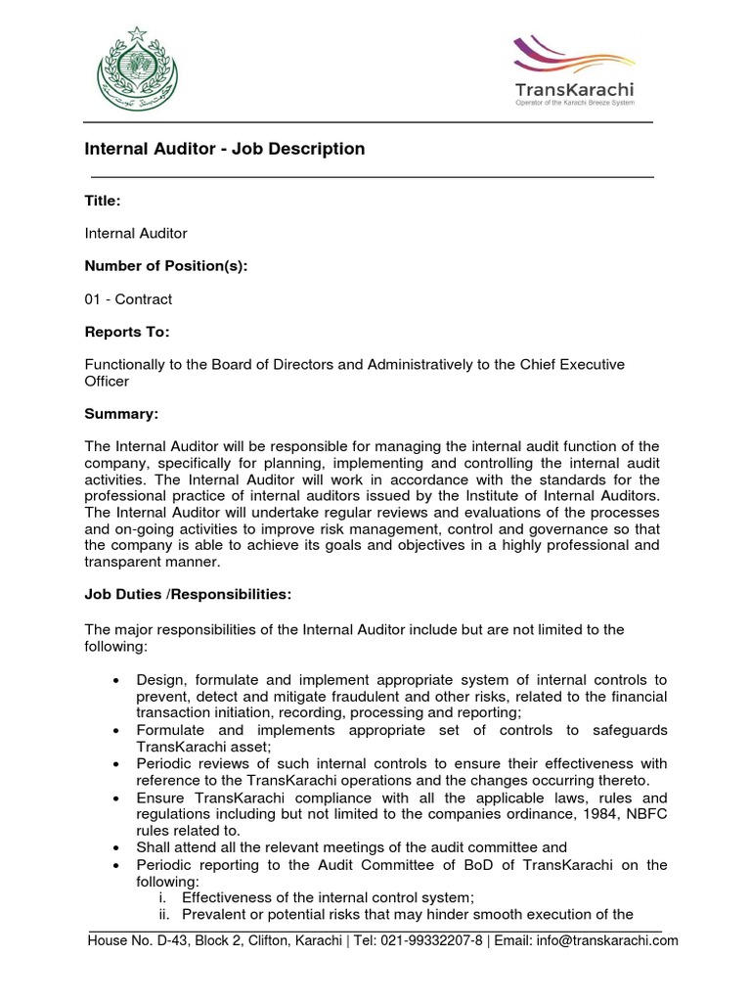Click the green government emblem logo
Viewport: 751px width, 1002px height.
point(137,69)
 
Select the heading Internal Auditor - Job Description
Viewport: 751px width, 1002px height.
point(225,150)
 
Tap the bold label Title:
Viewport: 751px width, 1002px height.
point(103,200)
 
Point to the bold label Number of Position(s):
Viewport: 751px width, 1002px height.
point(166,265)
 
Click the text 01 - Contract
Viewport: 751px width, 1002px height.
point(128,298)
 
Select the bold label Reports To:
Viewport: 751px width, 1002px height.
point(127,332)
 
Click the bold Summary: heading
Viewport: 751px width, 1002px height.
point(122,415)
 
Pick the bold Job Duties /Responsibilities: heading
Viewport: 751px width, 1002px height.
point(188,595)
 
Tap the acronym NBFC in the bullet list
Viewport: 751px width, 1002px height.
point(641,813)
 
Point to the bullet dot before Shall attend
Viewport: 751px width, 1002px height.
point(117,847)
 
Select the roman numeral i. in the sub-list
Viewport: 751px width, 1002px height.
point(163,897)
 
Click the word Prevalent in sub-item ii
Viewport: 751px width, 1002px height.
point(216,915)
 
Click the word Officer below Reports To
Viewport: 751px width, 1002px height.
point(108,382)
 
